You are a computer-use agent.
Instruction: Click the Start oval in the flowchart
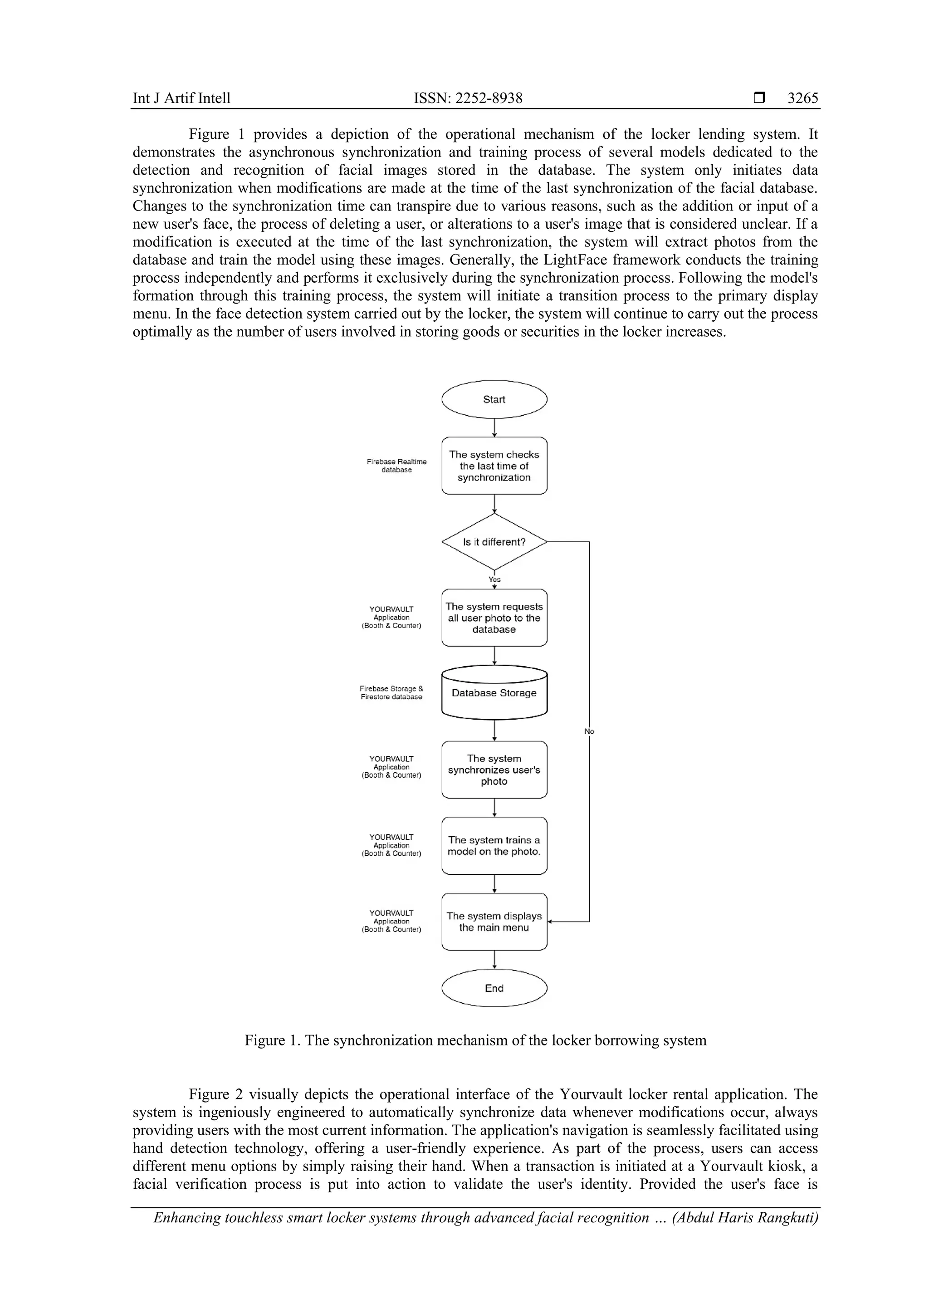pyautogui.click(x=494, y=399)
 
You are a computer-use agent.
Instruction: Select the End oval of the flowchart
pyautogui.click(x=494, y=988)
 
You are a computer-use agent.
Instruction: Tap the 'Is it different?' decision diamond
pyautogui.click(x=494, y=542)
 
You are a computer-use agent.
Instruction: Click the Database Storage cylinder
pyautogui.click(x=494, y=693)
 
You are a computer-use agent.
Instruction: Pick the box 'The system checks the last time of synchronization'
pyautogui.click(x=494, y=466)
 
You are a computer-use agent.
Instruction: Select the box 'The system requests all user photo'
pyautogui.click(x=494, y=618)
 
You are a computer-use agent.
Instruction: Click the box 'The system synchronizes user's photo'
pyautogui.click(x=494, y=770)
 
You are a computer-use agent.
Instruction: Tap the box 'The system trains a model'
pyautogui.click(x=494, y=846)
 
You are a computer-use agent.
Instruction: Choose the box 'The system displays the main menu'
pyautogui.click(x=494, y=922)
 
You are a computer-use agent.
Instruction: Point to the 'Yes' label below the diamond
pyautogui.click(x=494, y=579)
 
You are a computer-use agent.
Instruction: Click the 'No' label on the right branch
pyautogui.click(x=589, y=731)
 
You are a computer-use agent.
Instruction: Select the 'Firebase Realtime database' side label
pyautogui.click(x=396, y=466)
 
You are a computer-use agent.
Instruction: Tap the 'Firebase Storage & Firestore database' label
pyautogui.click(x=391, y=692)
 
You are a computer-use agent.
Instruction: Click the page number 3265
pyautogui.click(x=802, y=98)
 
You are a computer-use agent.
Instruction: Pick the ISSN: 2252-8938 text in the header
pyautogui.click(x=468, y=98)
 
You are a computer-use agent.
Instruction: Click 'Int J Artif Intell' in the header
pyautogui.click(x=181, y=98)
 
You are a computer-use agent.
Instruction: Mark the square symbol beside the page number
pyautogui.click(x=759, y=98)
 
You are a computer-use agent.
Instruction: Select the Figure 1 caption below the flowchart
pyautogui.click(x=475, y=1040)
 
